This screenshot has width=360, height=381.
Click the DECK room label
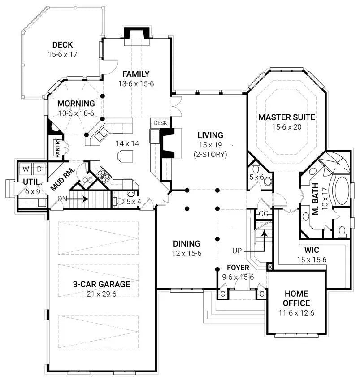tap(62, 45)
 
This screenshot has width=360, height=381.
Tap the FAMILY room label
tap(136, 74)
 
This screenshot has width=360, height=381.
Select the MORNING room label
tap(76, 104)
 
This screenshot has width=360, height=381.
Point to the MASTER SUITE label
tap(286, 117)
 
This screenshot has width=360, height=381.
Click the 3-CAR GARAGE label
tap(102, 284)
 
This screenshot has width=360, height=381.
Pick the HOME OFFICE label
tap(295, 299)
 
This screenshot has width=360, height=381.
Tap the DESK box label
tap(160, 123)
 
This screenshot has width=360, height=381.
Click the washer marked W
tap(26, 169)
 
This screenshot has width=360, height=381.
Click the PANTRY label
tap(58, 148)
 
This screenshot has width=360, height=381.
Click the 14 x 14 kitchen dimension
tap(114, 144)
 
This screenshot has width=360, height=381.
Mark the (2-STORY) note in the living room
tap(210, 154)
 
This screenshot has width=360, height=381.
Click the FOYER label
tap(238, 268)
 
